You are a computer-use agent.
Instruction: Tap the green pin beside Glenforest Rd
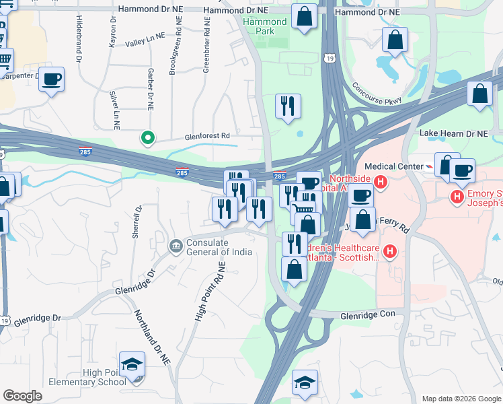[148, 138]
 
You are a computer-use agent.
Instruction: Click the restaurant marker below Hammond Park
[288, 106]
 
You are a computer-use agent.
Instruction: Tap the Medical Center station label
[393, 166]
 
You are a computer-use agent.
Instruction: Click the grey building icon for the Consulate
[176, 245]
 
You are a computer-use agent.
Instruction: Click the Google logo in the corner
[22, 396]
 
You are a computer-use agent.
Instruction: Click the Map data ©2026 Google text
[461, 399]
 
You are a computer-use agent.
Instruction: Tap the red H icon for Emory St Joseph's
[457, 197]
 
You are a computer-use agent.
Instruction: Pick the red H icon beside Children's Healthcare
[389, 252]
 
